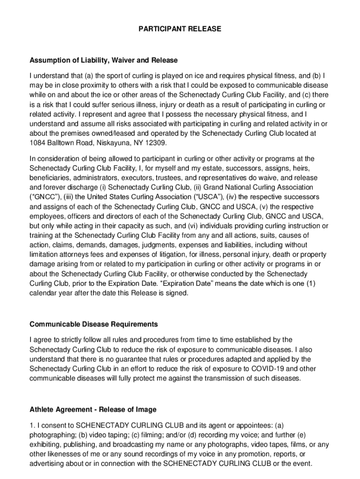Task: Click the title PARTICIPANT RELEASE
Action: pyautogui.click(x=180, y=29)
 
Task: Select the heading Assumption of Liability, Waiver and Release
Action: pyautogui.click(x=104, y=60)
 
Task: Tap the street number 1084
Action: pyautogui.click(x=37, y=143)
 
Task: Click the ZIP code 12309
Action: pyautogui.click(x=156, y=143)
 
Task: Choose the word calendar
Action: pyautogui.click(x=43, y=293)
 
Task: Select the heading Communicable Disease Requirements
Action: pyautogui.click(x=94, y=324)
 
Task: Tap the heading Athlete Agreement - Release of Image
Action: pyautogui.click(x=93, y=409)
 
